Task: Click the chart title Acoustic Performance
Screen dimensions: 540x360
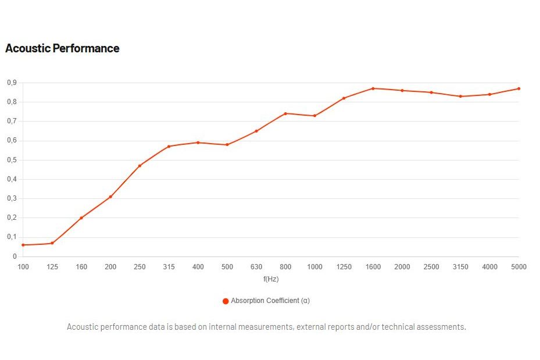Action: pos(62,48)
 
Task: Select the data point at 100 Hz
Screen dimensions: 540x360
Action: pos(23,245)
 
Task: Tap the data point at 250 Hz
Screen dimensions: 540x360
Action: pos(140,166)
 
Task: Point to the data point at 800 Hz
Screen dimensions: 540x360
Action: pos(285,113)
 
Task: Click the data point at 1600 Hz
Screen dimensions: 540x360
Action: pos(373,88)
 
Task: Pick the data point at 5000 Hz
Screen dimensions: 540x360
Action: pos(518,88)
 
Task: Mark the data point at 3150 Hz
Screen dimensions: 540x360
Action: pos(460,96)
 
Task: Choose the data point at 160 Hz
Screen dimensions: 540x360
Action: pos(81,218)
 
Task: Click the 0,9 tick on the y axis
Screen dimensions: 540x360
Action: pos(12,83)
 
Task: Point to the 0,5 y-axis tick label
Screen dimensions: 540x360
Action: pos(12,160)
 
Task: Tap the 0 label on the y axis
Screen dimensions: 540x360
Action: pos(15,256)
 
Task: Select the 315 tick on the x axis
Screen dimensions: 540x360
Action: pos(169,266)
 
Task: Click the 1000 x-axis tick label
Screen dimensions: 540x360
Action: pos(315,266)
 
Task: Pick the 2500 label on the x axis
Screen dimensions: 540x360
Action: pos(431,266)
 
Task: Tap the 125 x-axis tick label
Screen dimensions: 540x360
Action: pos(52,266)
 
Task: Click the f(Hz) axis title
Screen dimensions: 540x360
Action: pos(271,279)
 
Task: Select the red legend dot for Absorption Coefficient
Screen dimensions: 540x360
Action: pos(226,301)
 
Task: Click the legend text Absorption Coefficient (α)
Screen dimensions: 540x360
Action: pos(270,301)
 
